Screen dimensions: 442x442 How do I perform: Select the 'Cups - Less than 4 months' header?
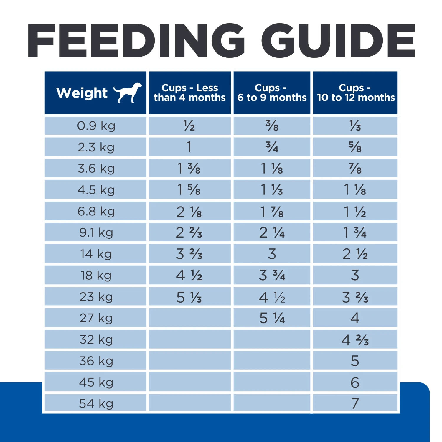tap(190, 93)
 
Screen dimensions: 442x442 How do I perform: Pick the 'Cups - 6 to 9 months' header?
tap(272, 93)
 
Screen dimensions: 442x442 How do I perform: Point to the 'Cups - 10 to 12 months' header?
tap(355, 93)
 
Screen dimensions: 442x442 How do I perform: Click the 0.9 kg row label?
tap(96, 126)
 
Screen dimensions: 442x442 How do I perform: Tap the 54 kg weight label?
tap(96, 403)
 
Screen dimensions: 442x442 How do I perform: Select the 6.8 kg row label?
tap(96, 211)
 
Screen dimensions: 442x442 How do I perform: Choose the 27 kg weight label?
tap(96, 318)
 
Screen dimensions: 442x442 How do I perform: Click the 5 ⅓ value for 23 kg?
tap(189, 297)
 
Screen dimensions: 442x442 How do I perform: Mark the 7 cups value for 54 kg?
tap(355, 403)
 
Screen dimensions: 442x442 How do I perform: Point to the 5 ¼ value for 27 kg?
tap(272, 318)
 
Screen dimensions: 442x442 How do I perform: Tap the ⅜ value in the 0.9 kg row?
tap(272, 126)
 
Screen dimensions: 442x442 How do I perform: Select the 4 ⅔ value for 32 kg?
tap(355, 340)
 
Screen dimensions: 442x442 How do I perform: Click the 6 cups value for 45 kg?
tap(355, 382)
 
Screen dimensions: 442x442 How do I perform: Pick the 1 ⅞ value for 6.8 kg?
tap(272, 212)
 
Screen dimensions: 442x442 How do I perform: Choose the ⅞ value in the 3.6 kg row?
tap(355, 169)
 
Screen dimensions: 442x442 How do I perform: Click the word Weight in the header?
tap(82, 93)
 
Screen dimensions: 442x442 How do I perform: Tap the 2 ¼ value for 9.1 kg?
tap(272, 233)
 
